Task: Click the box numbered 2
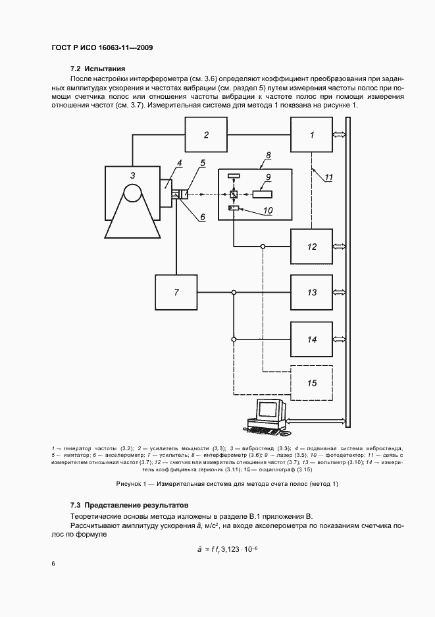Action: coord(205,134)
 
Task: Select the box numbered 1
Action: coord(312,134)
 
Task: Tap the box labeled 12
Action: coord(312,247)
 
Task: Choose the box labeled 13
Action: coord(312,292)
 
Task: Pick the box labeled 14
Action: coord(312,339)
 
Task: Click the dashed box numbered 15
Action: coord(312,382)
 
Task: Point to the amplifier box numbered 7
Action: coord(176,292)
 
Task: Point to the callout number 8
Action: coord(268,156)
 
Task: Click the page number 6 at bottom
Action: coord(53,563)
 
